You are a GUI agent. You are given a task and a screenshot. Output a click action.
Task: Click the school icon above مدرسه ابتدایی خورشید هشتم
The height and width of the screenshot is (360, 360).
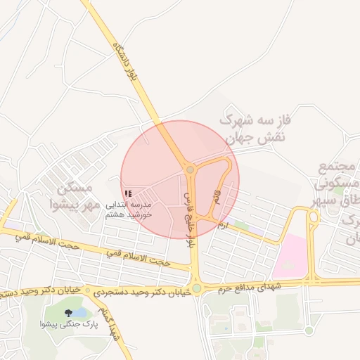point(128,193)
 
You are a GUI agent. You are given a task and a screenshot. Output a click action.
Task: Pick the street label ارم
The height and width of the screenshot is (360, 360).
point(223,226)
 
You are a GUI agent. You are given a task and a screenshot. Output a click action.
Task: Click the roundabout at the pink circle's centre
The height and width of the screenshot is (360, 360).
point(190,170)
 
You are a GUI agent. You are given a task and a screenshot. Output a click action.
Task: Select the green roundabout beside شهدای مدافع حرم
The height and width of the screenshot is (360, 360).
point(197,288)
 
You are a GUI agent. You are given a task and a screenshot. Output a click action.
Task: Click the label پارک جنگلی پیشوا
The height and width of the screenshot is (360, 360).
point(69,325)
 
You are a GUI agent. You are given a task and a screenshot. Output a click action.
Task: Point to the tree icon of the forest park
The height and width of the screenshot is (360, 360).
point(68,312)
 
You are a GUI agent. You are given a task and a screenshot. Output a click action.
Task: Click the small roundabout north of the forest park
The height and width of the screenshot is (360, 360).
point(88,290)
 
